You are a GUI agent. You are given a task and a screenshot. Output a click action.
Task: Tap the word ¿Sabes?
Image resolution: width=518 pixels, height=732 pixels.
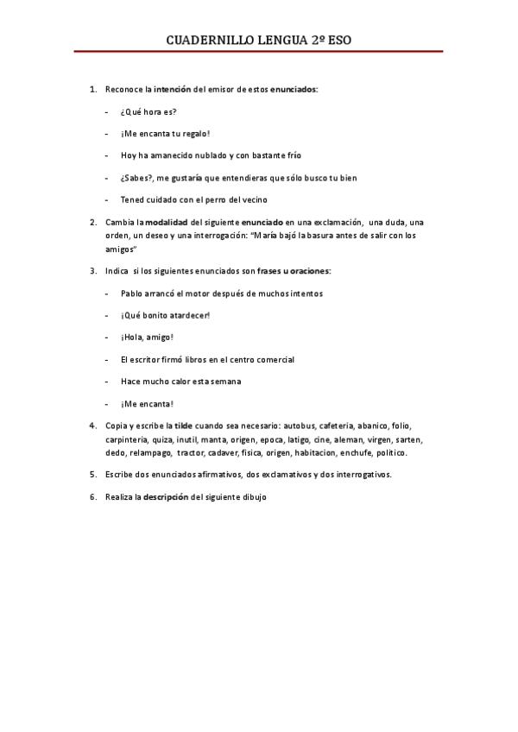(x=137, y=178)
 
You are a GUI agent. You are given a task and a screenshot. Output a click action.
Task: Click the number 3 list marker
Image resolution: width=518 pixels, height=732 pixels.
(x=93, y=271)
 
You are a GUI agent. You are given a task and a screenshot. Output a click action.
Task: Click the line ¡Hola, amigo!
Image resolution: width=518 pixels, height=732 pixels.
(x=148, y=338)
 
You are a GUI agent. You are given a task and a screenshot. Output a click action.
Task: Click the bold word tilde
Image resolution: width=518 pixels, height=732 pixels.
(x=184, y=426)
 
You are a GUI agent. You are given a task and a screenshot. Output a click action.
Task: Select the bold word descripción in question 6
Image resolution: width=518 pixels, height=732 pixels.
(x=166, y=497)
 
